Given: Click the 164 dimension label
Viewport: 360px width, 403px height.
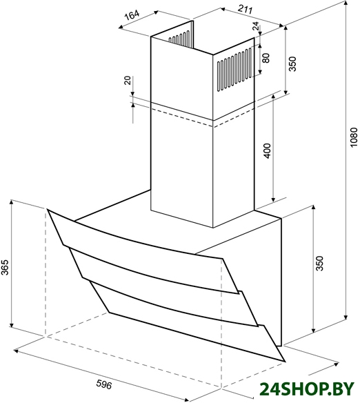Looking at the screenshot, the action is tap(132, 15).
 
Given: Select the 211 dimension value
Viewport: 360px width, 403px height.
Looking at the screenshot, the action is tap(245, 9).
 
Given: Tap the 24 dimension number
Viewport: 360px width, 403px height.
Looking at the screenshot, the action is tap(256, 26).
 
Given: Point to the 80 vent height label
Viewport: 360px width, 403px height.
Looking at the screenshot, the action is tap(266, 58).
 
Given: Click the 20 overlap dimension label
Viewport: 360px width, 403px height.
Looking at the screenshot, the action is tap(128, 80).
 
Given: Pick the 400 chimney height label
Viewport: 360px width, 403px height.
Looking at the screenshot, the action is tap(268, 151).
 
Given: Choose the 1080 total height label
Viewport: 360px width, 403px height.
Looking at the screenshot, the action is tap(354, 137).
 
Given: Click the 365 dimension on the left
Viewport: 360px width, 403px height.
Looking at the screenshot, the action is tap(5, 267).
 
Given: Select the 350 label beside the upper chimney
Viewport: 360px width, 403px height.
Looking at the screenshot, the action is tap(292, 64).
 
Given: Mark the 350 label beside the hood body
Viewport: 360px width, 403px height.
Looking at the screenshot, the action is tap(319, 264).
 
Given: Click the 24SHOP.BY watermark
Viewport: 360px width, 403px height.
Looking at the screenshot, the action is tap(306, 389).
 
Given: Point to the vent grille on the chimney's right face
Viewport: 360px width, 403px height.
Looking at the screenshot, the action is tap(234, 69).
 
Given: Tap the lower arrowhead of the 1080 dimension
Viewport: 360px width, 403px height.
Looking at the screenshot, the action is tap(346, 317).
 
